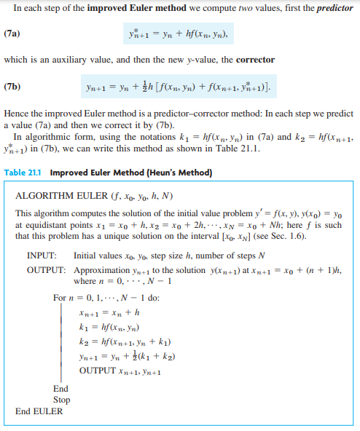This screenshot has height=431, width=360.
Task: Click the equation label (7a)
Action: coord(12,33)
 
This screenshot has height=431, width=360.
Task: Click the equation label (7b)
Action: coord(12,87)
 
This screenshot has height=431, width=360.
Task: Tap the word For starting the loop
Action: coord(60,298)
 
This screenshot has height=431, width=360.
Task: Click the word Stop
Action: coord(62,400)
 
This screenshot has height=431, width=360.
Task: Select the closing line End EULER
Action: coord(39,411)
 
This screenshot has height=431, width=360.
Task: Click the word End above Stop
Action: coord(61,389)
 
